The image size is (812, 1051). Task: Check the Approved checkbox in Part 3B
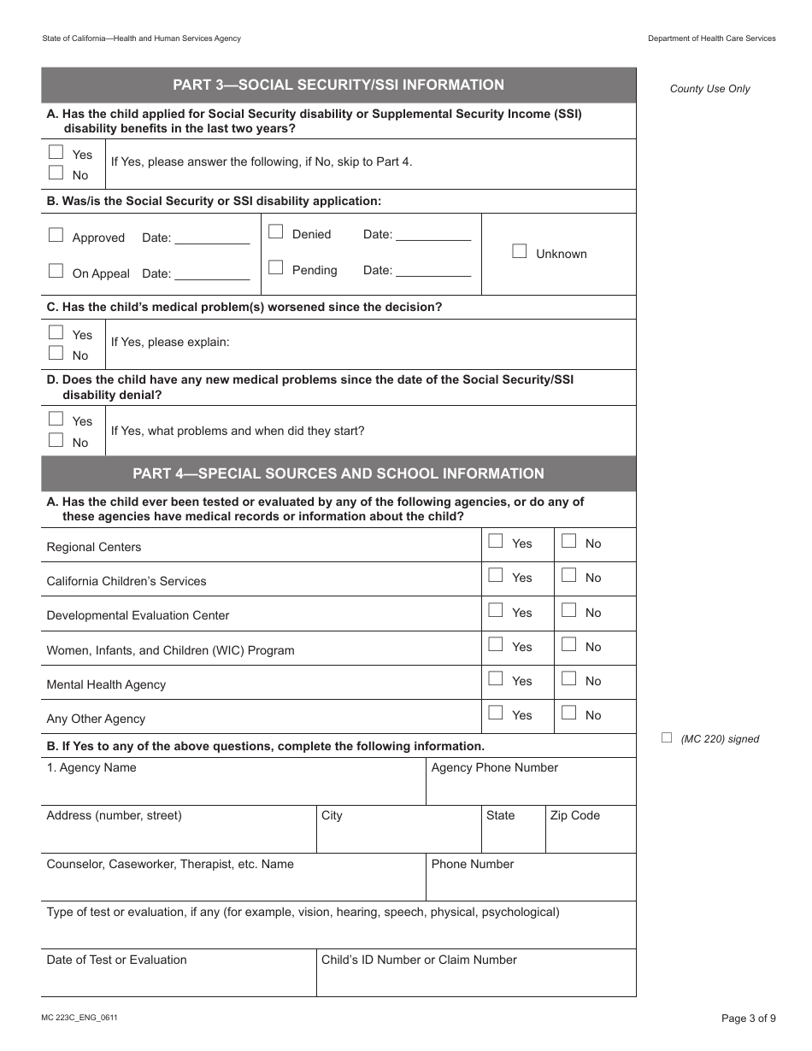click(x=56, y=235)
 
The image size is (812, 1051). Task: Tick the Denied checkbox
click(x=275, y=232)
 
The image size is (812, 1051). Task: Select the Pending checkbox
click(x=275, y=267)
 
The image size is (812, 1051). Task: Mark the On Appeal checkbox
click(x=56, y=271)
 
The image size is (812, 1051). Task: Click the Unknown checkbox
click(x=519, y=251)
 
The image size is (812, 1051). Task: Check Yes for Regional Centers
click(x=495, y=541)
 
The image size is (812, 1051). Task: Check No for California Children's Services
click(x=568, y=575)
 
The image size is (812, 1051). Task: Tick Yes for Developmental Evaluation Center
click(x=495, y=610)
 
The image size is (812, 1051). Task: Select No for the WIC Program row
click(x=568, y=644)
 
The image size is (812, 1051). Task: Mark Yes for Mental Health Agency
click(x=495, y=678)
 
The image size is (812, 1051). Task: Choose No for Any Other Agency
click(x=568, y=713)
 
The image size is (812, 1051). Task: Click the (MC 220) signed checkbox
click(x=667, y=737)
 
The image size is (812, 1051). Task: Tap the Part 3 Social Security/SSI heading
click(x=338, y=85)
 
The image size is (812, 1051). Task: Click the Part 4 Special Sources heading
click(x=338, y=473)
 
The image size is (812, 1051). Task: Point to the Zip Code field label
click(x=574, y=815)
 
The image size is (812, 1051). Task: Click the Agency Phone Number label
click(x=494, y=767)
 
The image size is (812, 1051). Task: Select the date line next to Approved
click(x=212, y=239)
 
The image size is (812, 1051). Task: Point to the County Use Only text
click(x=709, y=89)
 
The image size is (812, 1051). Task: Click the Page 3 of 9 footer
click(x=748, y=1018)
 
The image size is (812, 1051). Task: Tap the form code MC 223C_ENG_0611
click(x=79, y=1018)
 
